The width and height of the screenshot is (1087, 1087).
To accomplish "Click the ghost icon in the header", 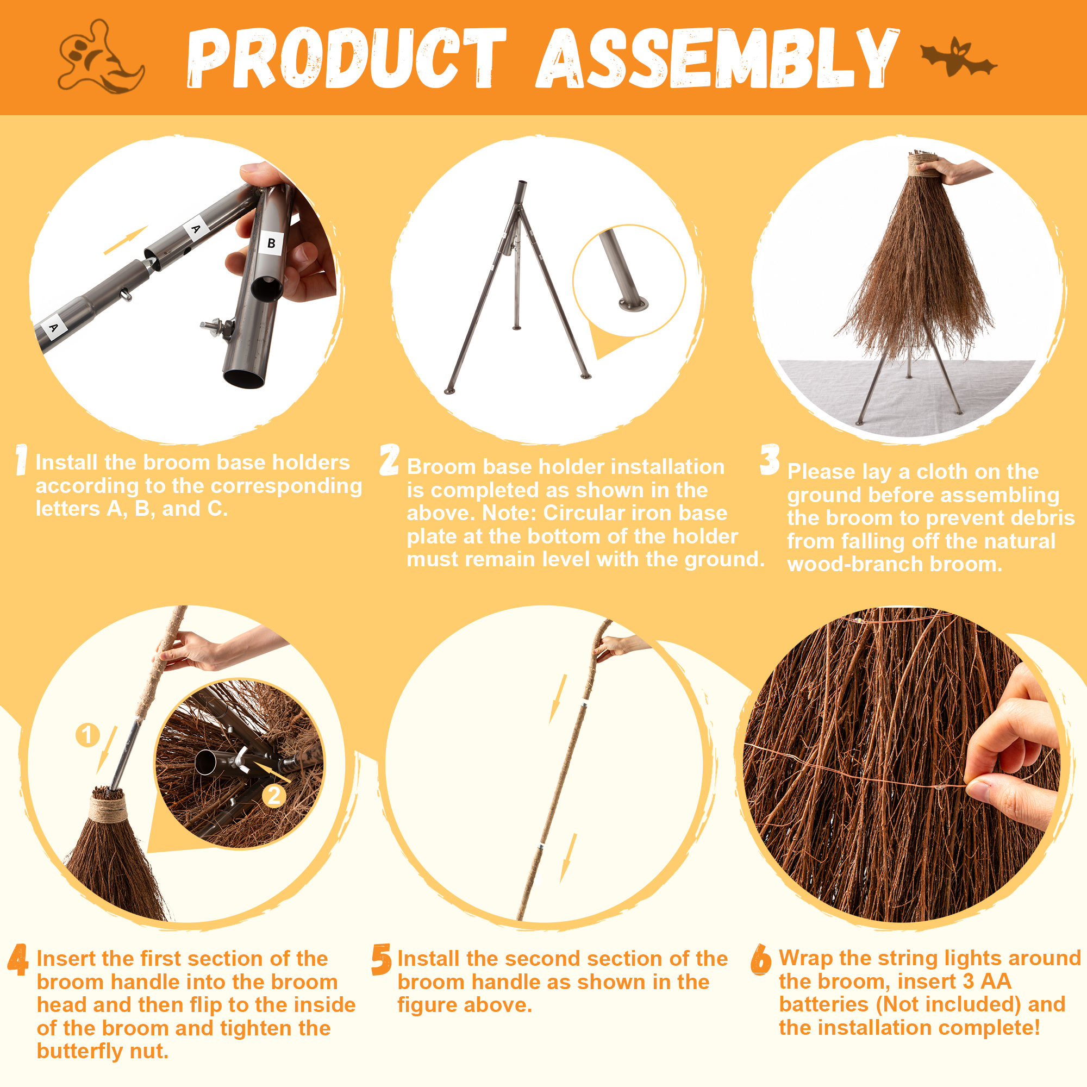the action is coord(100,58).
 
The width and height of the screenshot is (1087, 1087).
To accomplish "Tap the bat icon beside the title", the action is coord(958,58).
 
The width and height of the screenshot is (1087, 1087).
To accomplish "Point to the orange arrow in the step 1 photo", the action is coord(126,240).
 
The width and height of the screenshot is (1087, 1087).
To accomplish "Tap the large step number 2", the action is coord(389,460).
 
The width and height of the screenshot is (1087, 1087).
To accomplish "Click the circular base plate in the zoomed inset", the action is coord(633,304).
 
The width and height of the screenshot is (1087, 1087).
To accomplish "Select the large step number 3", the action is coord(770,460).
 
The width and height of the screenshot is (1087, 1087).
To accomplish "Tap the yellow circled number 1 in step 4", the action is coord(87,735).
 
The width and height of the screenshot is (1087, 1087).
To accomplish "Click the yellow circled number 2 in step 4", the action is coord(274,796).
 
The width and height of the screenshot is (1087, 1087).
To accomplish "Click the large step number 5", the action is coord(382,960).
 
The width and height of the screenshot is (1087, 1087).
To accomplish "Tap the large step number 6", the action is coord(761,960).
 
